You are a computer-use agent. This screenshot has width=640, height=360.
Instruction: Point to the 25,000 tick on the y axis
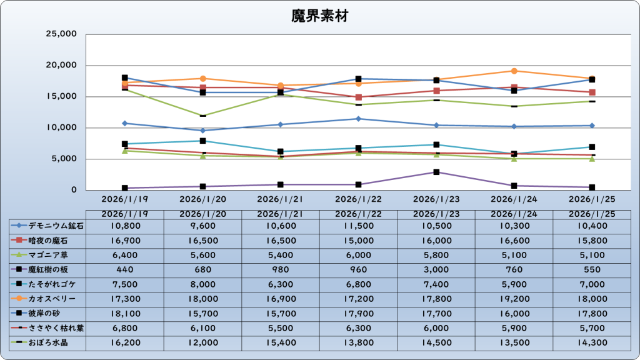(x=61, y=34)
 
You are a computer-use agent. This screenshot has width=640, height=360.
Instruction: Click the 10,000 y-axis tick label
(x=61, y=127)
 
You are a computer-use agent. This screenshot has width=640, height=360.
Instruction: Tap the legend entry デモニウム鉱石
(x=47, y=225)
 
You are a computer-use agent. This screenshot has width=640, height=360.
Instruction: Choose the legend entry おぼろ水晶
(x=47, y=343)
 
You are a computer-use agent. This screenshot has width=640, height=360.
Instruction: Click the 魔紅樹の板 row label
(x=47, y=269)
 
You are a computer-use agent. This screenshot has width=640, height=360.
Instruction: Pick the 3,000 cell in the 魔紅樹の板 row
(x=436, y=269)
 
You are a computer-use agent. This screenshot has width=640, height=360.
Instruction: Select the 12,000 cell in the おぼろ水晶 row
(x=202, y=343)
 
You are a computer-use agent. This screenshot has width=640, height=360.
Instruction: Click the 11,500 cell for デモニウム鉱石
(x=358, y=225)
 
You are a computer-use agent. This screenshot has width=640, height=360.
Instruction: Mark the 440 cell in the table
(x=125, y=269)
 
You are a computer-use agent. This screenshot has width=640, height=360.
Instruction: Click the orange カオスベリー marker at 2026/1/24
(x=514, y=71)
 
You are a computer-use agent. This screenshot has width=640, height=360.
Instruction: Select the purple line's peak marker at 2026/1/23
(x=436, y=172)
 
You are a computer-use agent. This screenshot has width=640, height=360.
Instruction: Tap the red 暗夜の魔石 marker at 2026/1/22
(x=358, y=97)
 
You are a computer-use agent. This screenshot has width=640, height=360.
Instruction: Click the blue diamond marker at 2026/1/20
(x=202, y=131)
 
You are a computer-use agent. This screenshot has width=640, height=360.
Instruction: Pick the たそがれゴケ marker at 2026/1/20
(x=202, y=141)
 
